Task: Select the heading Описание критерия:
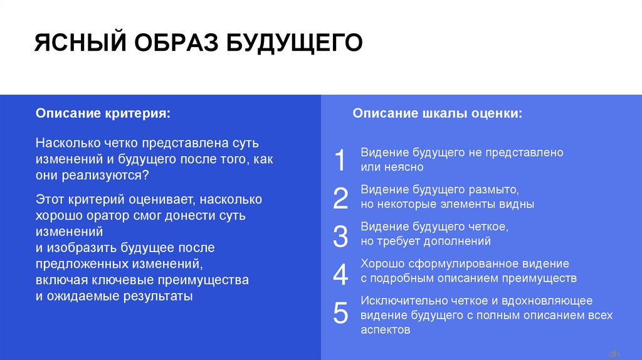pyautogui.click(x=102, y=114)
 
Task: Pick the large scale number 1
pyautogui.click(x=340, y=160)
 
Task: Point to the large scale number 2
pyautogui.click(x=340, y=198)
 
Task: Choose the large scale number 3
pyautogui.click(x=340, y=236)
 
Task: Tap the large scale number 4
pyautogui.click(x=340, y=274)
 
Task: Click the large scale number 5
pyautogui.click(x=340, y=312)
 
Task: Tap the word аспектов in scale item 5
pyautogui.click(x=386, y=329)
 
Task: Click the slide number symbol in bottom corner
pyautogui.click(x=615, y=352)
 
